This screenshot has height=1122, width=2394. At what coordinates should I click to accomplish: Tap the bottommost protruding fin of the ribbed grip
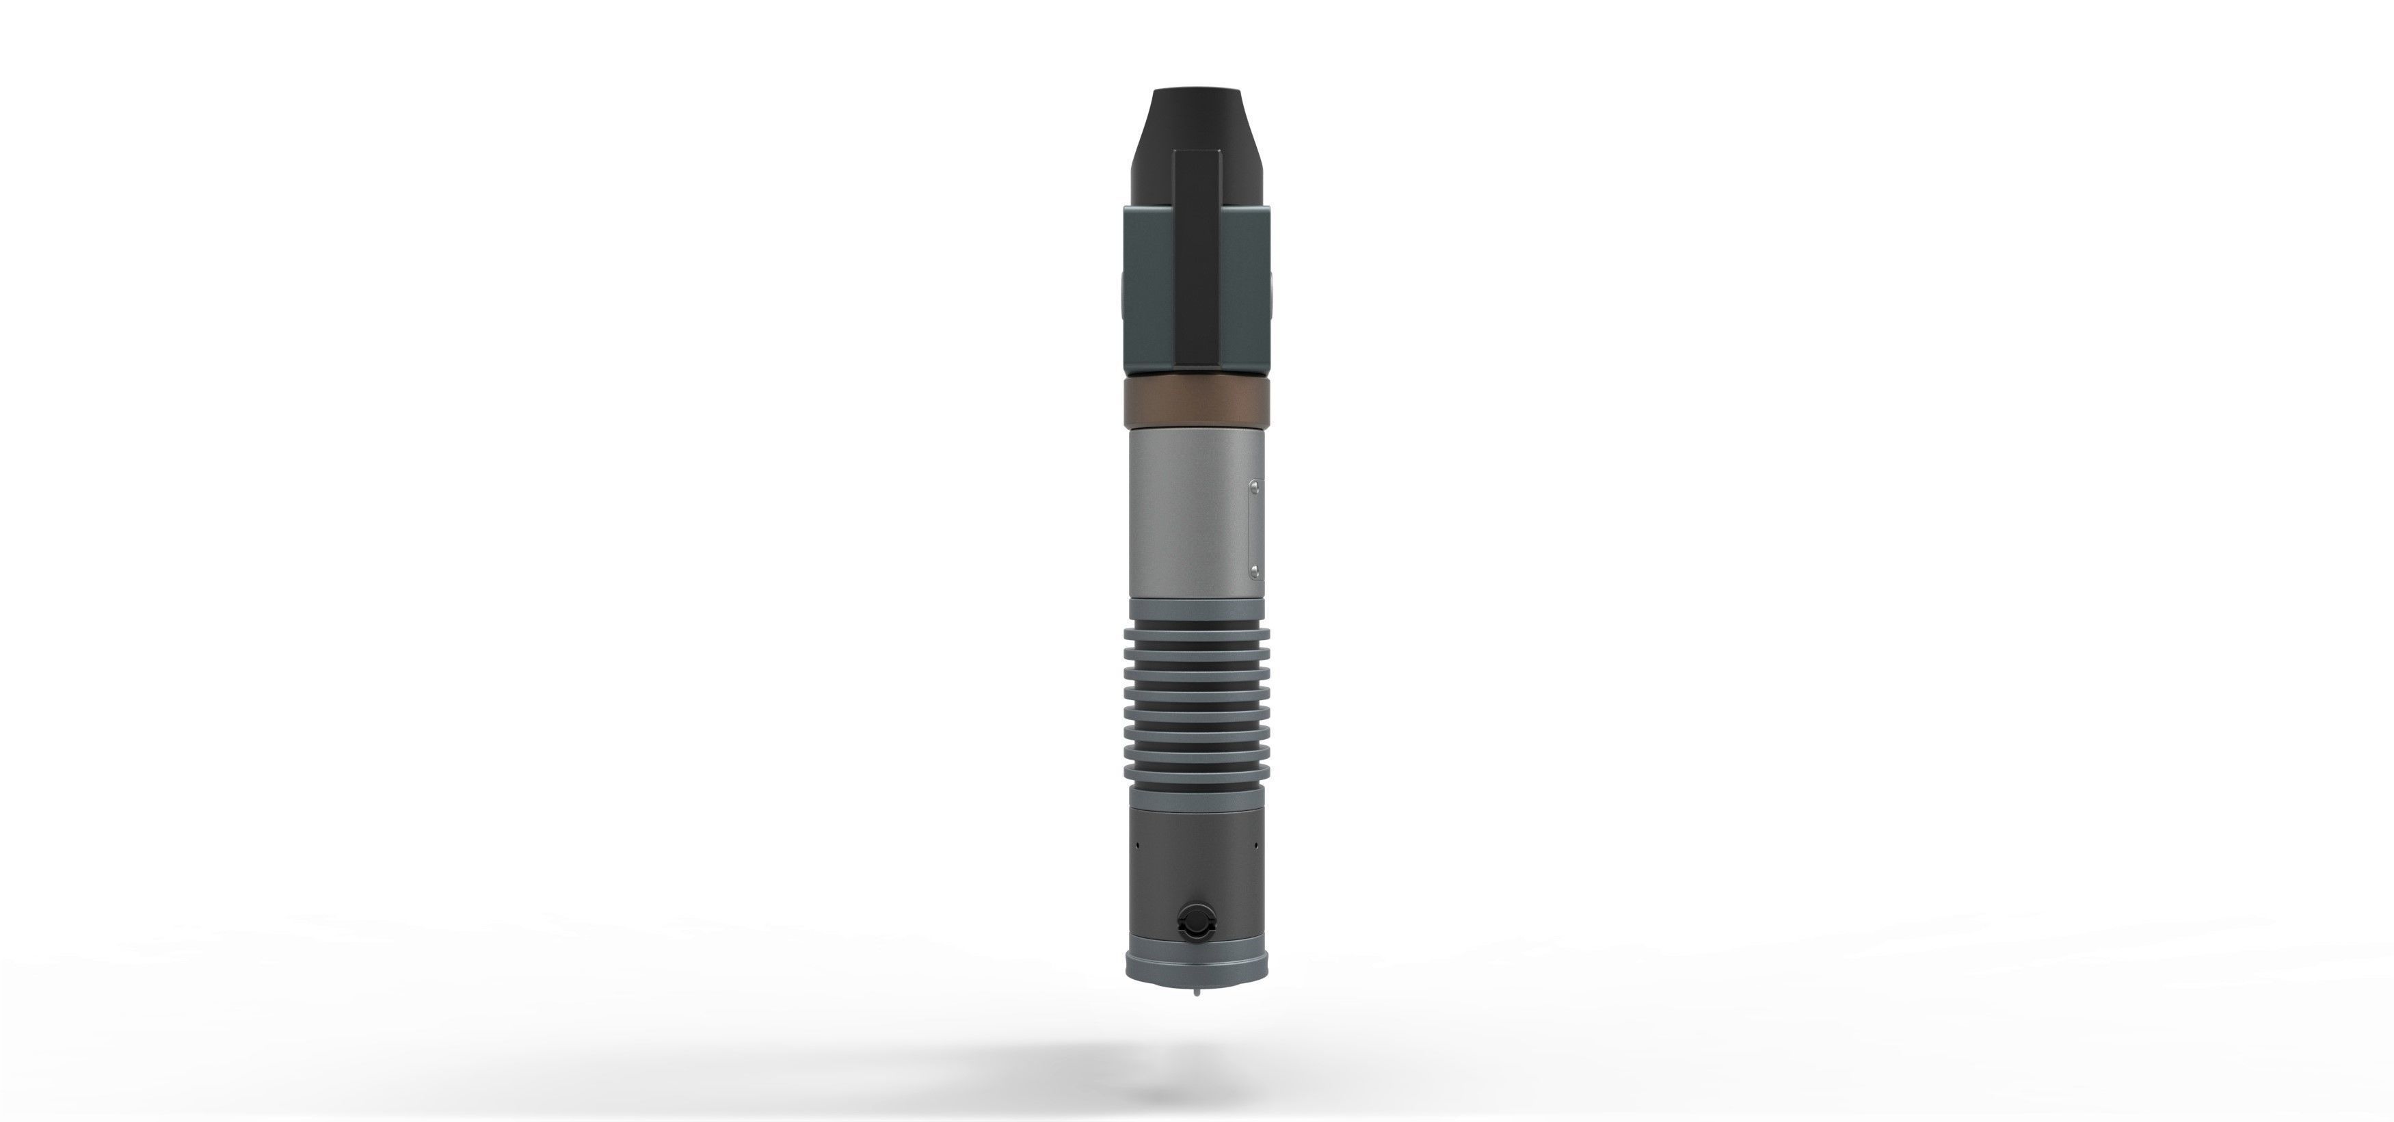tap(1196, 775)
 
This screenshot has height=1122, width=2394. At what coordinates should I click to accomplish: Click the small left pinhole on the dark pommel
tap(1136, 845)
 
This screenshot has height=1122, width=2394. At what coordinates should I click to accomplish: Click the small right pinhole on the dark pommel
tap(1255, 845)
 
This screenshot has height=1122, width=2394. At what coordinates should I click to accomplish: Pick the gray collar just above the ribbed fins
tap(1196, 610)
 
